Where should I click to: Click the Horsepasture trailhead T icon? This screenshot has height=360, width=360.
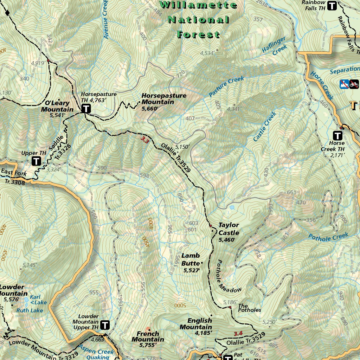tap(85, 109)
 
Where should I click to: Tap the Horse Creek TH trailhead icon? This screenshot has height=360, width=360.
tap(338, 135)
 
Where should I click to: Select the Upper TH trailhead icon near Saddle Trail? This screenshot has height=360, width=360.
tap(36, 161)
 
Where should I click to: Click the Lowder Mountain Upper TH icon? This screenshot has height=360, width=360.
tap(105, 325)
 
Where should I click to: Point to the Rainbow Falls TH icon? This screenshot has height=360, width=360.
tap(332, 5)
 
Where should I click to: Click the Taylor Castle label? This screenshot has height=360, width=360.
tap(229, 229)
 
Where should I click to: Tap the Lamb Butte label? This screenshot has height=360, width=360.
tap(191, 259)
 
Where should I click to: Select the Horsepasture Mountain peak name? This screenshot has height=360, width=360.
tap(163, 99)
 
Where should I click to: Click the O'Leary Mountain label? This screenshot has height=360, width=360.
tap(57, 106)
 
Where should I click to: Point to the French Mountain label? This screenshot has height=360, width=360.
tap(148, 336)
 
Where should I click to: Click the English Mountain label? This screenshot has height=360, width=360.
tap(200, 324)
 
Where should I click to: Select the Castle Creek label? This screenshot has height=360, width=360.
tap(265, 127)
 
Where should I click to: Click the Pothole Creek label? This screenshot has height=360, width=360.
tap(328, 237)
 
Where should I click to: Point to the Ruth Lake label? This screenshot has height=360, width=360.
tap(30, 310)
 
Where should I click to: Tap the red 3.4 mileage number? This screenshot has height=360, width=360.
tap(238, 333)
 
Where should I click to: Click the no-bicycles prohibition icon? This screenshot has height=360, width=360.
tap(354, 84)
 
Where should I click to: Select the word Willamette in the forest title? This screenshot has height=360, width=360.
tap(198, 5)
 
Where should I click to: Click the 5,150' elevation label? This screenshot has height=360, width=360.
tap(182, 147)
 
